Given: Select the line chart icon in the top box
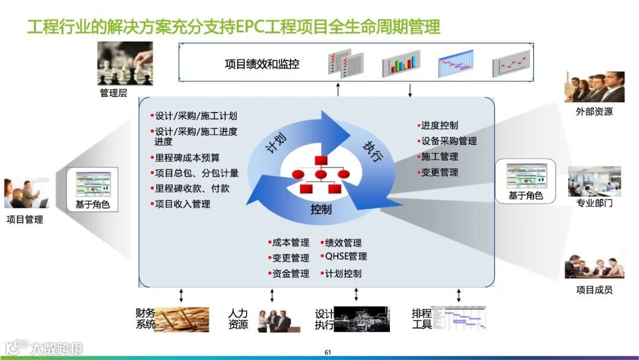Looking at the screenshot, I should point(511,63).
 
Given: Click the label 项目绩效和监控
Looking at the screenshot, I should point(262,64).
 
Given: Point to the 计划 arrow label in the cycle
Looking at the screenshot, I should point(277,142).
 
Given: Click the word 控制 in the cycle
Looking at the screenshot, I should point(321,210).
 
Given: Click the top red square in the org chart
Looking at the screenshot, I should point(321,160).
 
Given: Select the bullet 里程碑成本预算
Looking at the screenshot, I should point(186,157).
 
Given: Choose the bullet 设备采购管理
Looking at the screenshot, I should point(448,141).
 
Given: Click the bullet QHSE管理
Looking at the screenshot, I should point(346,256).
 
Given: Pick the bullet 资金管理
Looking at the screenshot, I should point(290,274).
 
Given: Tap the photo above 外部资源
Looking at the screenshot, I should point(594,87).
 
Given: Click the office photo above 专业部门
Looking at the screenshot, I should point(594,181).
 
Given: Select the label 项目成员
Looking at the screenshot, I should point(594,290).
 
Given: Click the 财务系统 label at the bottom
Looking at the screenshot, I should point(146,318).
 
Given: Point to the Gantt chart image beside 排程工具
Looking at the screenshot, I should point(458,319).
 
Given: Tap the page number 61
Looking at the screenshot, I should point(327,353).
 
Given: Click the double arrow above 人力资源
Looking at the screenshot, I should point(272,295).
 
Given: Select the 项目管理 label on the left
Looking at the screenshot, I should point(25,220).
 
